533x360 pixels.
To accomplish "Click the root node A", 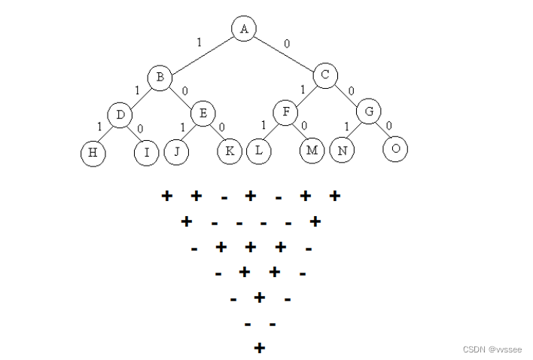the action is (x=243, y=29).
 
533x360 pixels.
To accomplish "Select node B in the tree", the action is (x=160, y=76).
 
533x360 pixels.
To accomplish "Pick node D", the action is (x=120, y=115).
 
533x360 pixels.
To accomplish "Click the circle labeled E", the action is (x=203, y=114).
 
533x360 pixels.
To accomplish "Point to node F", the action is (x=285, y=114).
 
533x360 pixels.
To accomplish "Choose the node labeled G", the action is (x=368, y=111).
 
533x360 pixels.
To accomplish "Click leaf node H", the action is (x=93, y=153).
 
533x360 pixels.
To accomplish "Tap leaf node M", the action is (x=311, y=151).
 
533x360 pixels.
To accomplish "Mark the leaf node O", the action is (x=395, y=149).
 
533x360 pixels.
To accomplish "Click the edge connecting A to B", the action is (x=201, y=53).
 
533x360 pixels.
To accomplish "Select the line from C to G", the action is (x=347, y=94).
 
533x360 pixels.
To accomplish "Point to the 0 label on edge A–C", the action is (x=287, y=44).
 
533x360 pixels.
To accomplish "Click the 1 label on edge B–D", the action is (x=137, y=90).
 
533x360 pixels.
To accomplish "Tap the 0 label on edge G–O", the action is (x=388, y=126).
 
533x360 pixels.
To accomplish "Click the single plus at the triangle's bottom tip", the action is (x=259, y=348).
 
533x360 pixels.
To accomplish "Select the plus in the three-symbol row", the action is (x=259, y=297).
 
